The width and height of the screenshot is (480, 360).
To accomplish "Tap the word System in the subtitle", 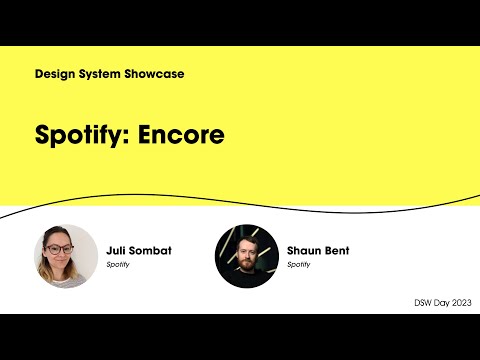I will pyautogui.click(x=103, y=74).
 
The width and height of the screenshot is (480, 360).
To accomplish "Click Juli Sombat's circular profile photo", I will pyautogui.click(x=66, y=256).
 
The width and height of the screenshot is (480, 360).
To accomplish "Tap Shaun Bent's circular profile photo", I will pyautogui.click(x=246, y=256).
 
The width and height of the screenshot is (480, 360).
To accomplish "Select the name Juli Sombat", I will pyautogui.click(x=138, y=250).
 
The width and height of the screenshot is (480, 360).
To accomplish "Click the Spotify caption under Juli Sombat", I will pyautogui.click(x=119, y=265).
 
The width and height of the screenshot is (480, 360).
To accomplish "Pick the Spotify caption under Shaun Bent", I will pyautogui.click(x=299, y=265).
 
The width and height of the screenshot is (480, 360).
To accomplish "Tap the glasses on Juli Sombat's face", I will pyautogui.click(x=60, y=249).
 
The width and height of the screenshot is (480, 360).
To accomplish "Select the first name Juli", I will pyautogui.click(x=116, y=250).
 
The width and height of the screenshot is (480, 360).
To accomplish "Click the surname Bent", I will pyautogui.click(x=340, y=250).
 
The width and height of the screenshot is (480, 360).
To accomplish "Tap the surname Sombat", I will pyautogui.click(x=150, y=250).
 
